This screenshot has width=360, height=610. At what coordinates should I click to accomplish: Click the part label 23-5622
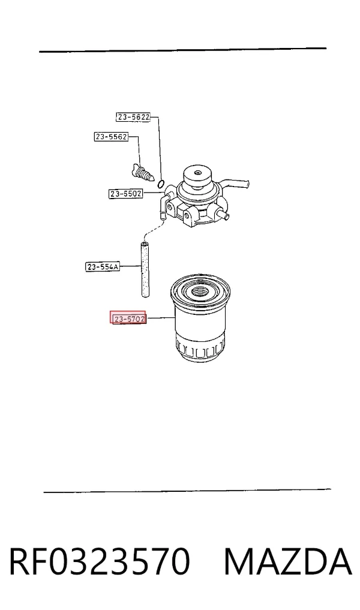133,117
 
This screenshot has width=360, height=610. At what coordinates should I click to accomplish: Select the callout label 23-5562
112,137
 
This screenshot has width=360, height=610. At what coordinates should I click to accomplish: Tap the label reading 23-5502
125,193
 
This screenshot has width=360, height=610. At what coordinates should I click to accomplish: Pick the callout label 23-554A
103,267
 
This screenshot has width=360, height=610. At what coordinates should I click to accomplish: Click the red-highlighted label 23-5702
128,318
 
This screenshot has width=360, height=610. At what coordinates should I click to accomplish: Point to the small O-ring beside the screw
161,183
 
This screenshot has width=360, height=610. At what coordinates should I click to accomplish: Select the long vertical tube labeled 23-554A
145,269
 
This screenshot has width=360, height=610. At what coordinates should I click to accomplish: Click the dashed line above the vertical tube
151,229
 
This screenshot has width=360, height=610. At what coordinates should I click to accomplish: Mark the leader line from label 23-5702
161,318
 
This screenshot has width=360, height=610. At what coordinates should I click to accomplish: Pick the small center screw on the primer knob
198,173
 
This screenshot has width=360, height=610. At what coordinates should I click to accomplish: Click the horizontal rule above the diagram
182,50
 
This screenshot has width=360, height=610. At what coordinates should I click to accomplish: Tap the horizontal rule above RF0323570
187,491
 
